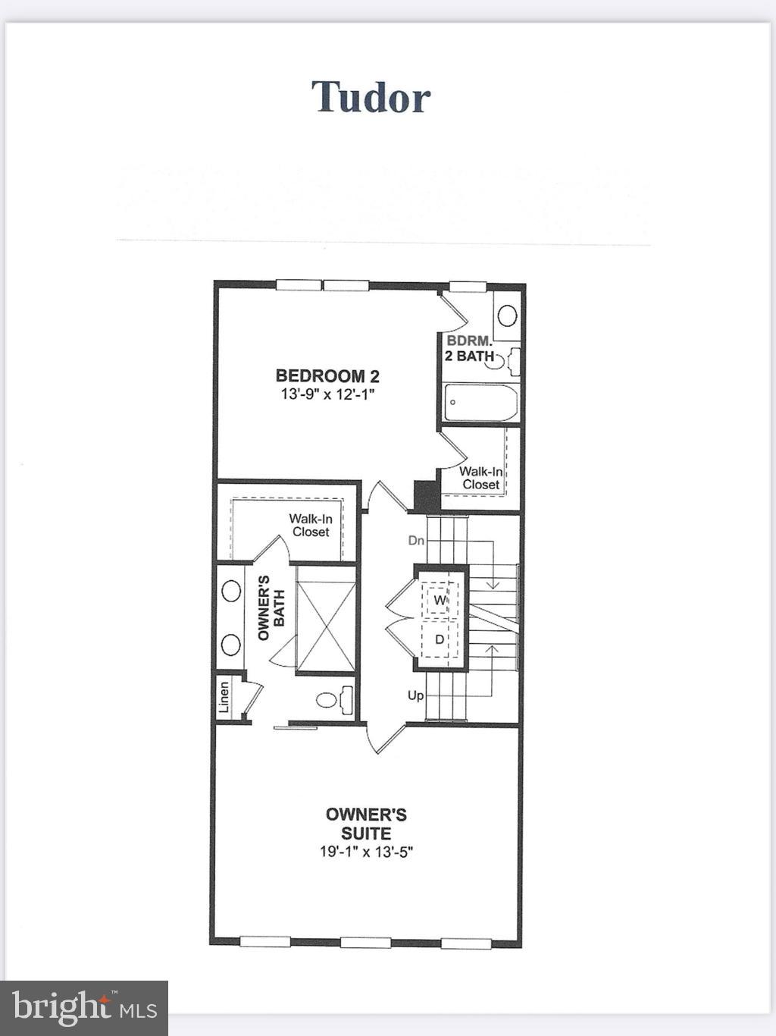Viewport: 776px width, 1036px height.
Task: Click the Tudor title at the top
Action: click(371, 97)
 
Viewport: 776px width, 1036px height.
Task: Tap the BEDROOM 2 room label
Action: click(327, 375)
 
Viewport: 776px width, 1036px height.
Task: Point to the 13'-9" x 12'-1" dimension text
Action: click(327, 394)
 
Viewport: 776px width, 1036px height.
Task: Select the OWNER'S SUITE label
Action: click(366, 824)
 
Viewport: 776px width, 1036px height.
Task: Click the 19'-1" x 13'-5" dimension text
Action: click(366, 852)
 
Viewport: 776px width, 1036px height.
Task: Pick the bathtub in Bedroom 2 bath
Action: click(480, 403)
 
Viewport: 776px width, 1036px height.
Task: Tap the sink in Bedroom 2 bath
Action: click(508, 315)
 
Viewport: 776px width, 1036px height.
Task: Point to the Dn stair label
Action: click(416, 541)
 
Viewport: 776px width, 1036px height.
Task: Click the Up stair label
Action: click(415, 695)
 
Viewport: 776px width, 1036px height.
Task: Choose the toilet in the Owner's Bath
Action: click(334, 699)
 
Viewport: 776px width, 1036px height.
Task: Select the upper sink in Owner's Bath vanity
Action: click(230, 591)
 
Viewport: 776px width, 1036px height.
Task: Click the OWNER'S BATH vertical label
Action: click(271, 607)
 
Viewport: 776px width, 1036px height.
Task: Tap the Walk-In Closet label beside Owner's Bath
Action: click(311, 526)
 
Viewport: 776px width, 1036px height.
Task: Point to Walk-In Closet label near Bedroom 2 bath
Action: click(480, 478)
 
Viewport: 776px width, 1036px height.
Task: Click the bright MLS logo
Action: click(84, 1008)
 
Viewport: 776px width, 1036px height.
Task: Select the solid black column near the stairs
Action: click(426, 496)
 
